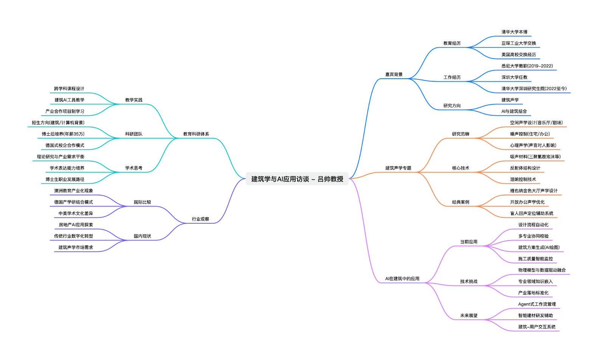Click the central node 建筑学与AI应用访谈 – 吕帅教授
tap(297, 179)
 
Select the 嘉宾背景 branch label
tap(394, 74)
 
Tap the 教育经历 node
tap(452, 43)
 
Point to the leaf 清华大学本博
tap(514, 32)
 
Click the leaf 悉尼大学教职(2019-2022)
tap(527, 66)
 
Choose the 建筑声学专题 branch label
tap(398, 168)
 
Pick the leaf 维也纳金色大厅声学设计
tap(534, 191)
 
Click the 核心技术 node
tap(461, 168)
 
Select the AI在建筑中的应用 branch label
tap(402, 279)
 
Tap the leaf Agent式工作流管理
tap(537, 304)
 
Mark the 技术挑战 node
tap(468, 282)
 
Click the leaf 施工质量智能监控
tap(535, 259)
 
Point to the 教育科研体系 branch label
tap(196, 134)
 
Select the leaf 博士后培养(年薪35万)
tap(63, 134)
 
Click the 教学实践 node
tap(133, 100)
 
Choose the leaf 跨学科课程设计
tap(69, 89)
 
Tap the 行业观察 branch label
tap(200, 219)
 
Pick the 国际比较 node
tap(142, 202)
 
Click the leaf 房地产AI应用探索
tap(76, 225)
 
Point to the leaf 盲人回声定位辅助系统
tap(531, 214)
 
